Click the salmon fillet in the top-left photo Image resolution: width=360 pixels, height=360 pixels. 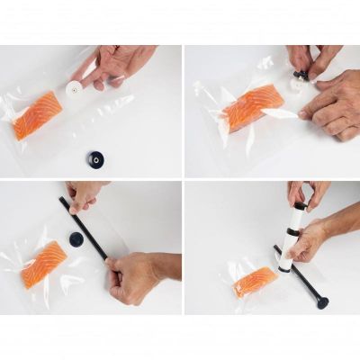click(x=39, y=114)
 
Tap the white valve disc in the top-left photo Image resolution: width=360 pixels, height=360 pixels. click(x=74, y=89)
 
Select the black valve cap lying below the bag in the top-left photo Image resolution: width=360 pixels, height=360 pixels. click(x=94, y=159)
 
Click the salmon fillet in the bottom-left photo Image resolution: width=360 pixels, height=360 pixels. click(x=44, y=264)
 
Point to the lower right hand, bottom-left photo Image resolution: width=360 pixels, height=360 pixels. click(x=135, y=277)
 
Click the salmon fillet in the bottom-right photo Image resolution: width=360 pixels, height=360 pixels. click(x=254, y=282)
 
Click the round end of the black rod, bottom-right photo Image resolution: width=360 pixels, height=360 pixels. click(x=321, y=302)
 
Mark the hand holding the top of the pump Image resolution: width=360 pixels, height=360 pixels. click(x=301, y=192)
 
